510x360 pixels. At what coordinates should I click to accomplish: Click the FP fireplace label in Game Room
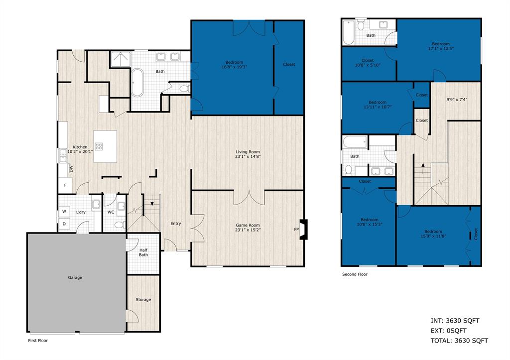coord(296,230)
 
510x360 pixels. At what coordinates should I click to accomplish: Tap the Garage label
coord(75,277)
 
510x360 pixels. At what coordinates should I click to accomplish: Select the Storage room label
coord(143,299)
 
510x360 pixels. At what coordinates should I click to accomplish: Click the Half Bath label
coord(143,252)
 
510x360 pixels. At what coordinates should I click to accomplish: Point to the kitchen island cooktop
coord(99,146)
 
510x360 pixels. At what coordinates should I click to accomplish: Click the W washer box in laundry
coord(64,211)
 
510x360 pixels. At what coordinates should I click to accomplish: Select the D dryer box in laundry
coord(64,224)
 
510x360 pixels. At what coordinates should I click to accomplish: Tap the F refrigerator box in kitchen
coord(65,185)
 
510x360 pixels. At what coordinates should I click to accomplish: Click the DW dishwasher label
coord(71,168)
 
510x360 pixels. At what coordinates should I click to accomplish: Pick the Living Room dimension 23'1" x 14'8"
coord(248,156)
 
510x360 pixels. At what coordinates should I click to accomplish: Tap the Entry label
coord(176,223)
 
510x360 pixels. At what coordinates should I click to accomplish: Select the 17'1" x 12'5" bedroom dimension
coord(441,48)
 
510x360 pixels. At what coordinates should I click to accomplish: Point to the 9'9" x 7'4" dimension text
coord(456,99)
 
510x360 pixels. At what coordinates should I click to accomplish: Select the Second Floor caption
coord(355,274)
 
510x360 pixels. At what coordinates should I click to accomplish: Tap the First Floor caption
coord(37,341)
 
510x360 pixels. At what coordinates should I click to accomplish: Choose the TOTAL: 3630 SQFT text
coord(459,341)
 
